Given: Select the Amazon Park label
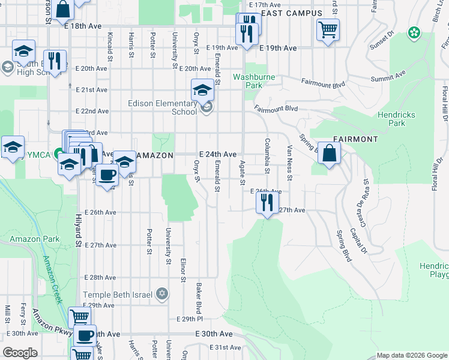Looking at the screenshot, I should tap(34, 239).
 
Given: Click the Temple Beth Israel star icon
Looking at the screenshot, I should tap(161, 294).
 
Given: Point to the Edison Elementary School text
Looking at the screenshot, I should tap(162, 107).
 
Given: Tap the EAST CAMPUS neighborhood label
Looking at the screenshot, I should tap(292, 13).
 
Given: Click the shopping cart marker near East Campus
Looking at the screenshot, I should tap(328, 29).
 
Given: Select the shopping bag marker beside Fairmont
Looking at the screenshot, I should tap(330, 153).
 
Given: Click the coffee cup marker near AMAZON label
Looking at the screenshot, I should tap(107, 176).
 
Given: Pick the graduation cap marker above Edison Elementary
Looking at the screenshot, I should tap(203, 91).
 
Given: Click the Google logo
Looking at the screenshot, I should tap(20, 353).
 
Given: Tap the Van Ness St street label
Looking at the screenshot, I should tap(289, 163).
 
